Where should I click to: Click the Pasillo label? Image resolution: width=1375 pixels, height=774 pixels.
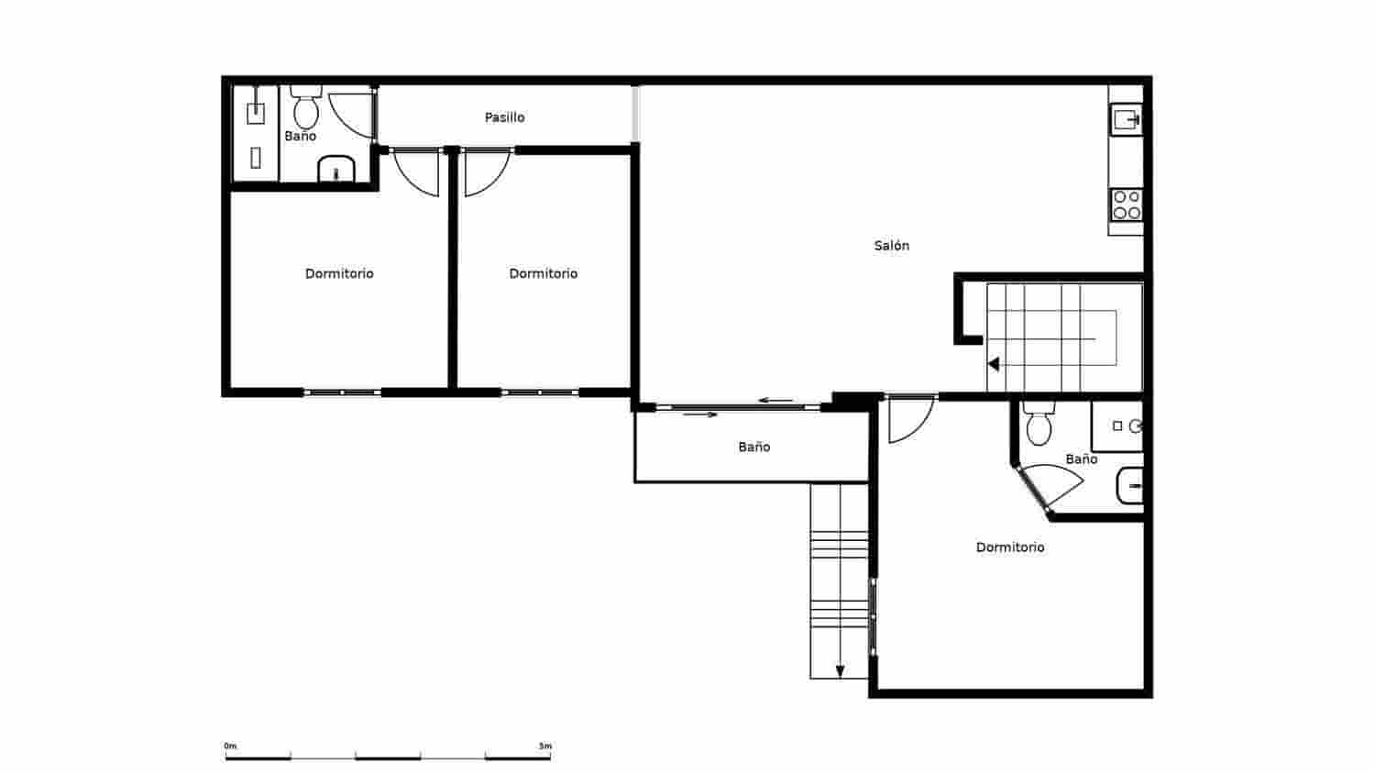(504, 117)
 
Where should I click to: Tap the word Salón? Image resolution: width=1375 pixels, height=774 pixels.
(891, 246)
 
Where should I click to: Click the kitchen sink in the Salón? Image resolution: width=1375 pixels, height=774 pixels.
(1126, 119)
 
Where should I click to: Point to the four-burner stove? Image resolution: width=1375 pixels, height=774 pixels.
(1127, 205)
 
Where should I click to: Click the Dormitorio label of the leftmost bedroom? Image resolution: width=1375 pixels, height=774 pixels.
(339, 273)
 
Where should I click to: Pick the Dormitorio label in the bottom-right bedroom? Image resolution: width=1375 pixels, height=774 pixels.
(1010, 547)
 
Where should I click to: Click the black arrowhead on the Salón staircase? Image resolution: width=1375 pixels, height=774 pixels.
(993, 364)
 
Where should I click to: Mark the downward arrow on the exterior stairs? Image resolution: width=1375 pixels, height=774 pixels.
(840, 670)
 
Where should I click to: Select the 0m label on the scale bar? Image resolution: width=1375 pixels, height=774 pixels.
(230, 746)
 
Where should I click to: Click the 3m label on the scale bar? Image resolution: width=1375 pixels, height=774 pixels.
(545, 746)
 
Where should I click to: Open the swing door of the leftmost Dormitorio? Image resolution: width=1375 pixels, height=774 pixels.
(417, 172)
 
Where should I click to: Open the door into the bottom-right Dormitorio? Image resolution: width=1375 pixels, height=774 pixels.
(909, 418)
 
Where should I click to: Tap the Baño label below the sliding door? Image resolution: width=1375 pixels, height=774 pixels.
(753, 448)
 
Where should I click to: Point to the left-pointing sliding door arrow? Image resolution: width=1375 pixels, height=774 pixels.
(775, 401)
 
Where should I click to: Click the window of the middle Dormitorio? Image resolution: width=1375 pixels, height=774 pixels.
(539, 393)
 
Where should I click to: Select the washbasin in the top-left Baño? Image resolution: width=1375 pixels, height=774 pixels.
(336, 170)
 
